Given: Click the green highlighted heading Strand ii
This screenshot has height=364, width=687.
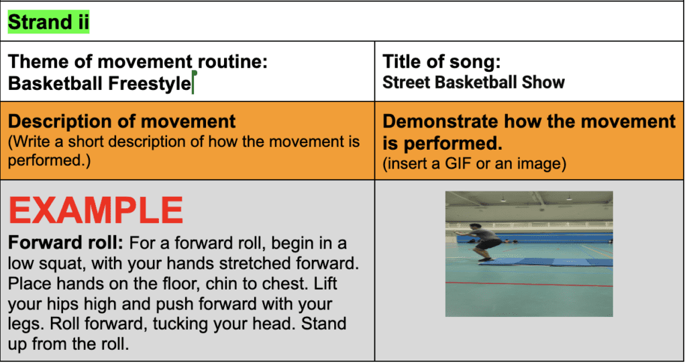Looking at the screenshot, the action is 48,22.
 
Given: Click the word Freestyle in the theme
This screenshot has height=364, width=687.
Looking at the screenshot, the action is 150,83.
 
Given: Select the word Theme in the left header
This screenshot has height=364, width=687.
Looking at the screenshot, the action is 38,61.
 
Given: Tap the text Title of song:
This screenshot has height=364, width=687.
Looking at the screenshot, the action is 441,61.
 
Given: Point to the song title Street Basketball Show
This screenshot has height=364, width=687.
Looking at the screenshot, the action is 474,83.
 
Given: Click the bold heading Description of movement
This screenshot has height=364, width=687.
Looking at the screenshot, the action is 122,122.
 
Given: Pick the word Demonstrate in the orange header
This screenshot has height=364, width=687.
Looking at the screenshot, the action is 440,122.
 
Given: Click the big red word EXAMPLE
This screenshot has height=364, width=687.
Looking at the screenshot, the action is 95,210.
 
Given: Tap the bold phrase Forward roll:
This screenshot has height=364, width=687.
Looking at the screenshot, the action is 66,242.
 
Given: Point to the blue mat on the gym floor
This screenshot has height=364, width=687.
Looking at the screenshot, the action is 545,262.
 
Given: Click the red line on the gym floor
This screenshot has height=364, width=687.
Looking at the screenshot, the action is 529,284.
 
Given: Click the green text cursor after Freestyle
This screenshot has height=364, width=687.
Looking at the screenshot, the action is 193,82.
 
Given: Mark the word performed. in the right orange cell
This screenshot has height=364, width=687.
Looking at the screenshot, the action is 453,144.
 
